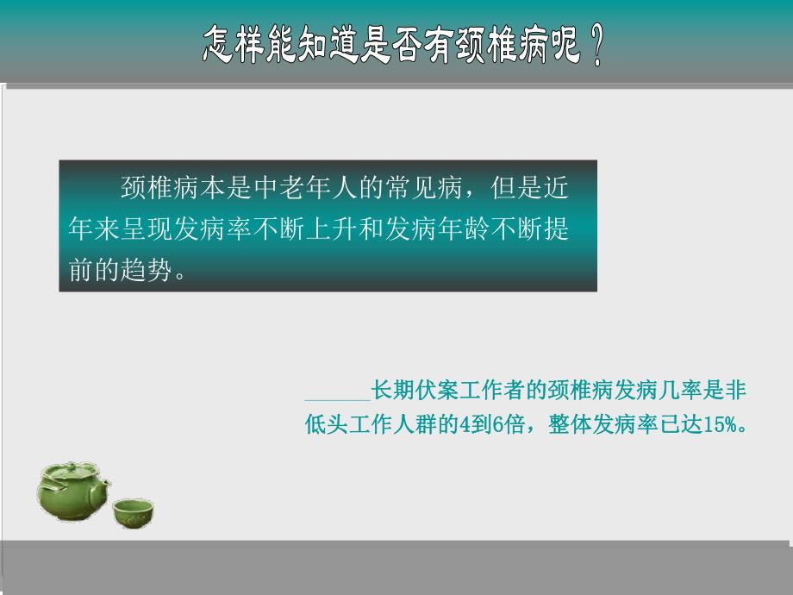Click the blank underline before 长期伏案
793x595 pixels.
[x=337, y=396]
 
